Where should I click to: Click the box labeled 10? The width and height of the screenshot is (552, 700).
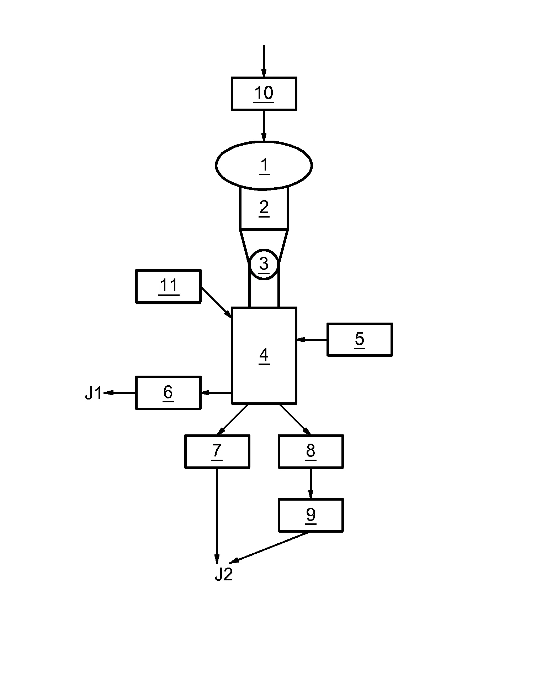coord(264,94)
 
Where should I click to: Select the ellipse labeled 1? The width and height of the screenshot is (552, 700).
coord(264,165)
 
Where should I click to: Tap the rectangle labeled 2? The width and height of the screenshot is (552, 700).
coord(264,208)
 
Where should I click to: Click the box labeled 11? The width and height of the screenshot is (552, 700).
coord(169,286)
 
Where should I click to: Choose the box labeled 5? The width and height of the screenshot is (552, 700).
coord(360,339)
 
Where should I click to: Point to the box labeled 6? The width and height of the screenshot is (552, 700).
coord(169,393)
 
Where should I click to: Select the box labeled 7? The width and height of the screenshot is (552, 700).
coord(217,451)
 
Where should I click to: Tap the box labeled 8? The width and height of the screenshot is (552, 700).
coord(310,451)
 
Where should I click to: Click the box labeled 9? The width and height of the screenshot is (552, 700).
coord(310,515)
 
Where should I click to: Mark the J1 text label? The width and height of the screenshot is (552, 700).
coord(93,394)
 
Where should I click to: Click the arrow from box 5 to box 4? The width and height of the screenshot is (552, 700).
coord(312,340)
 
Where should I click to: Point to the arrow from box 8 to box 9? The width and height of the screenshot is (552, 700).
coord(310,483)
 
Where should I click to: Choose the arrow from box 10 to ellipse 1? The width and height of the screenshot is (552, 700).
coord(264,126)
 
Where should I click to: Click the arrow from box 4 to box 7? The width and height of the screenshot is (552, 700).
coord(233,419)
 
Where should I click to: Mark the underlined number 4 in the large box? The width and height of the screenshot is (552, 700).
coord(264,355)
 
